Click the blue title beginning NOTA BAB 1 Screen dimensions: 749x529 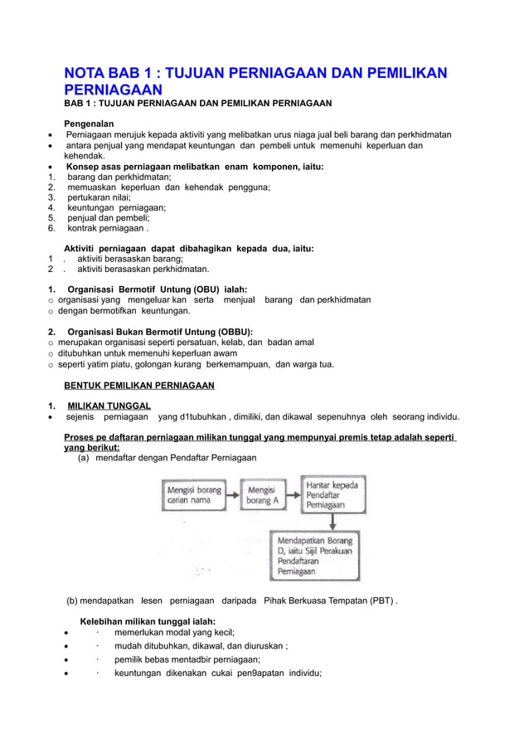pyautogui.click(x=255, y=80)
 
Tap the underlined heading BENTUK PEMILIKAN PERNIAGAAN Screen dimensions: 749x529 pyautogui.click(x=138, y=385)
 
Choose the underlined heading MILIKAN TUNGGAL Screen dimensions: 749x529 pyautogui.click(x=109, y=406)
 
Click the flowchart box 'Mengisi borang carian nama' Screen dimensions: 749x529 pyautogui.click(x=194, y=496)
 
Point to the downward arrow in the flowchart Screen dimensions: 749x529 pyautogui.click(x=332, y=521)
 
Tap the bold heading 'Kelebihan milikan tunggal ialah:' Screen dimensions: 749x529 pyautogui.click(x=147, y=621)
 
